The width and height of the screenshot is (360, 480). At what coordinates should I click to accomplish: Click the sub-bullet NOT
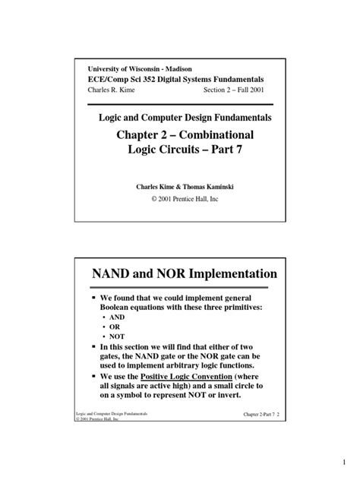pyautogui.click(x=118, y=343)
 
